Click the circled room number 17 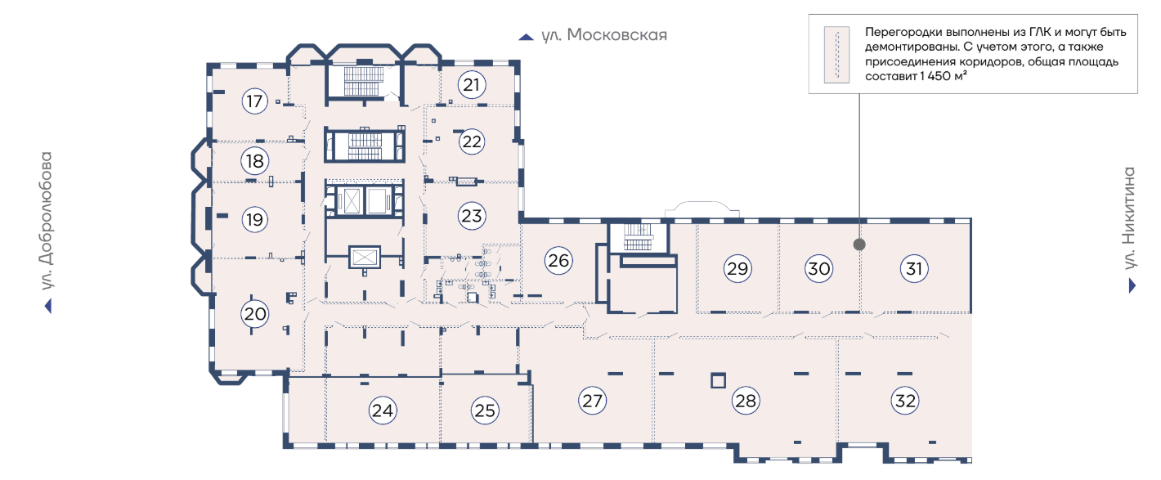pyautogui.click(x=255, y=101)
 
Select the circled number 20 pyautogui.click(x=255, y=313)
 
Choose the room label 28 pyautogui.click(x=746, y=401)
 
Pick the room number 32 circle pyautogui.click(x=905, y=401)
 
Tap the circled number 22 pyautogui.click(x=472, y=141)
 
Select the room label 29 pyautogui.click(x=737, y=268)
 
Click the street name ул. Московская pyautogui.click(x=604, y=35)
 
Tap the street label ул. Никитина pyautogui.click(x=1131, y=218)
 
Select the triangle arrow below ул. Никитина pyautogui.click(x=1132, y=285)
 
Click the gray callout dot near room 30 pyautogui.click(x=858, y=244)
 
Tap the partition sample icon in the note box pyautogui.click(x=836, y=54)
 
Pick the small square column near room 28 pyautogui.click(x=718, y=380)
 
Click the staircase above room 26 pyautogui.click(x=637, y=237)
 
